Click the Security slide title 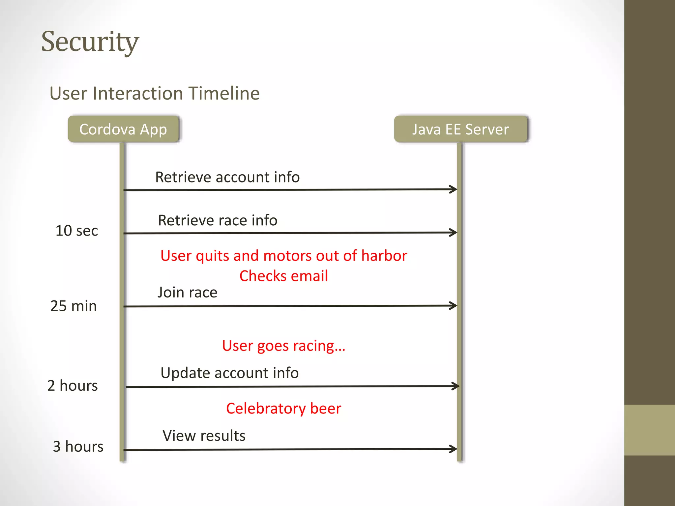(90, 42)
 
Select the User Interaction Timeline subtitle (154, 93)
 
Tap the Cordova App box (123, 129)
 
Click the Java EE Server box (460, 129)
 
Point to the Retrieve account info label (227, 177)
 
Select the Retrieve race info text (218, 220)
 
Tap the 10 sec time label (76, 231)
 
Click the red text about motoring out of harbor (283, 256)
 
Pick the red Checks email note (283, 276)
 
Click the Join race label (187, 293)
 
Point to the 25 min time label (73, 306)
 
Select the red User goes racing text (283, 346)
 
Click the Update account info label (229, 373)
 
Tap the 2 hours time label (73, 385)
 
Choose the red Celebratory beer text (283, 408)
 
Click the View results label (204, 436)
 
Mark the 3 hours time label (78, 447)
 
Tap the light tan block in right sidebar (649, 430)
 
